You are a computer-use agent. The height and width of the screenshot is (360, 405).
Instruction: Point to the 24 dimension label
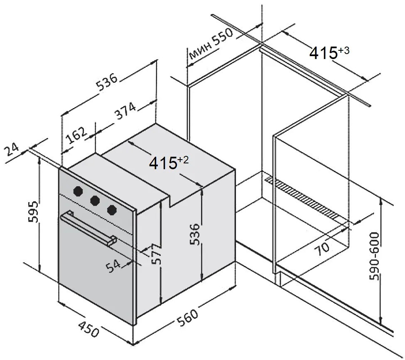pos(12,150)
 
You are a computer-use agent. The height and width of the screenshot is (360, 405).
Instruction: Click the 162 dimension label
pos(76,136)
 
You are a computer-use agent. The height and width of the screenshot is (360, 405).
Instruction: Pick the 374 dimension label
pos(125,111)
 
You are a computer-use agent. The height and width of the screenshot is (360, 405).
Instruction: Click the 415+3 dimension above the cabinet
pos(329,52)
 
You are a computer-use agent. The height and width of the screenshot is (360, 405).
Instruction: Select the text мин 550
pos(211,43)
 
